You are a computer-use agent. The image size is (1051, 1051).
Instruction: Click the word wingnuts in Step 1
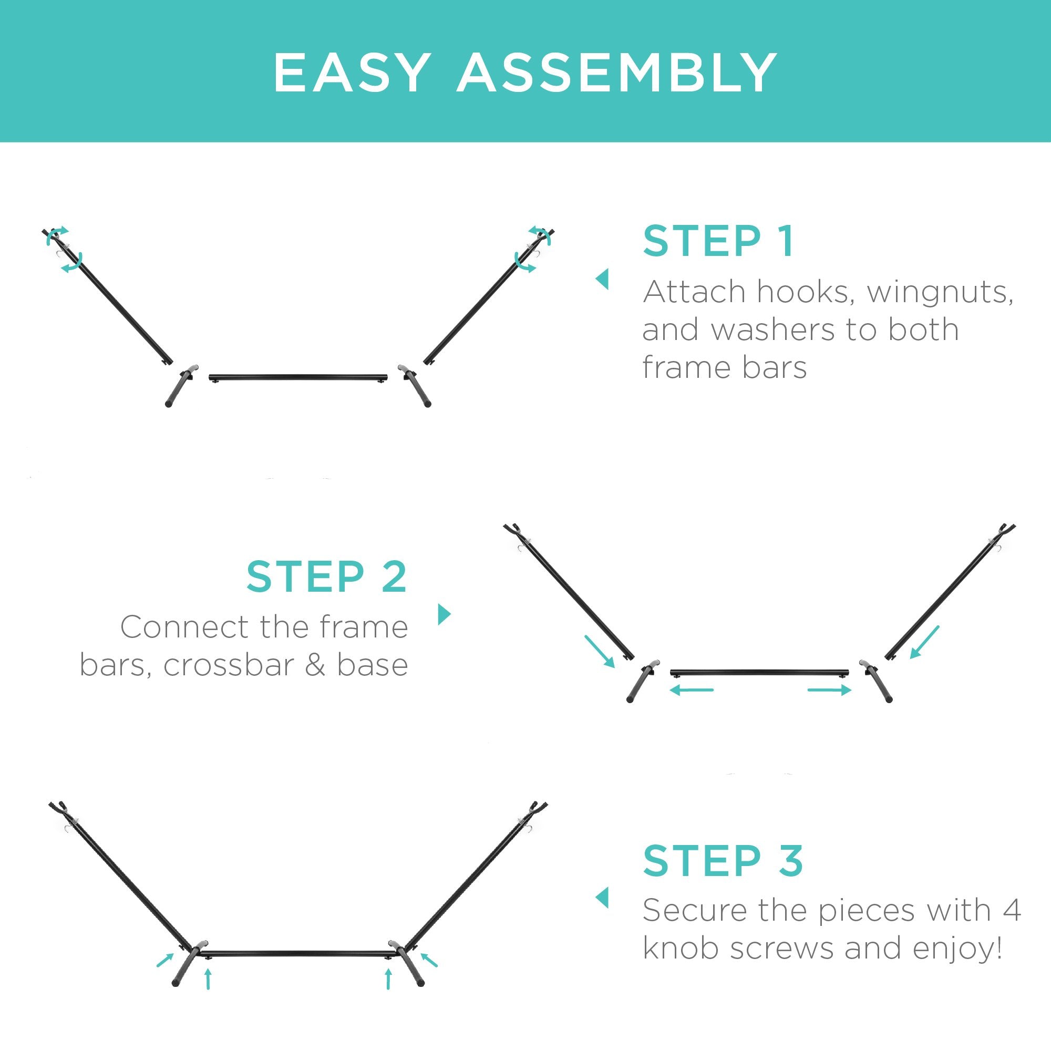(x=940, y=293)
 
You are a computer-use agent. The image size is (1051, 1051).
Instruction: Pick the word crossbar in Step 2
(x=229, y=665)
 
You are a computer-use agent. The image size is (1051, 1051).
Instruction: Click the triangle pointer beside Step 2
(x=445, y=614)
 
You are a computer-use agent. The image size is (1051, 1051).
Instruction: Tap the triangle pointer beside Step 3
(x=602, y=898)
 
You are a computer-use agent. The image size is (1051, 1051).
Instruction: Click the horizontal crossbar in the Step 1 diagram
(x=298, y=377)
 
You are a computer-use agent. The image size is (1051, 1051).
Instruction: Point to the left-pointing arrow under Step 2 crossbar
(x=692, y=691)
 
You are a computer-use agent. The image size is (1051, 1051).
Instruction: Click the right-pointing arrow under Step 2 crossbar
(x=830, y=691)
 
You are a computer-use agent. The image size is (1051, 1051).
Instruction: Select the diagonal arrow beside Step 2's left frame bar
(x=600, y=651)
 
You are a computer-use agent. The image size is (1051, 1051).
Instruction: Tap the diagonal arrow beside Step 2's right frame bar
(x=925, y=643)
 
